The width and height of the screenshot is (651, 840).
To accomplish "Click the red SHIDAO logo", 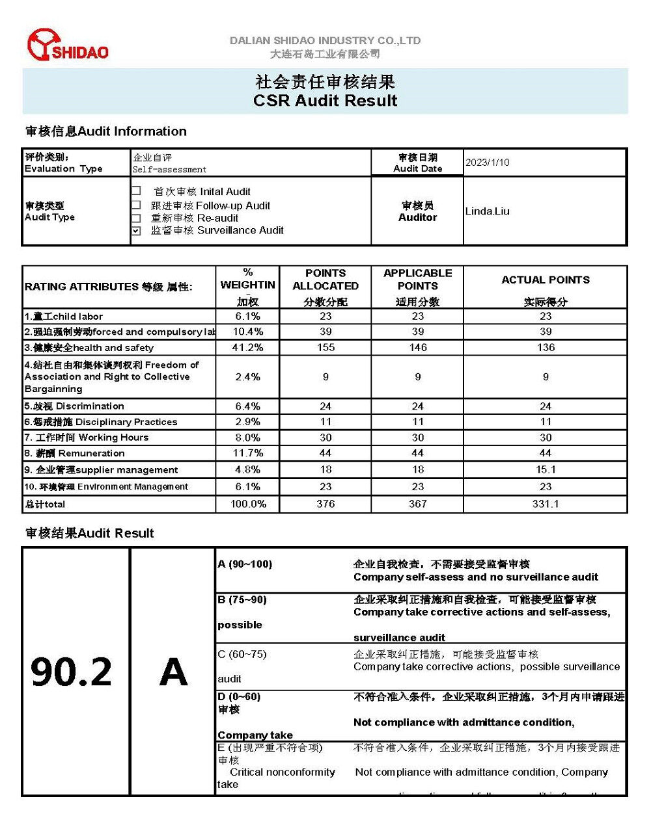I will (x=67, y=46).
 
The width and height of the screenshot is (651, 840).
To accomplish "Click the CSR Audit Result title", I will (x=325, y=101).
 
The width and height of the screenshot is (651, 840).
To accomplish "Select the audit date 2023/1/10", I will (x=488, y=163).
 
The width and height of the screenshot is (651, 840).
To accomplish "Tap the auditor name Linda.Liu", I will (x=488, y=211).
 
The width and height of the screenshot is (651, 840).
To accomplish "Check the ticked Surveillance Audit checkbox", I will (x=136, y=231).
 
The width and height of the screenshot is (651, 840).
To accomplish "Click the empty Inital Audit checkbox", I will (x=136, y=191).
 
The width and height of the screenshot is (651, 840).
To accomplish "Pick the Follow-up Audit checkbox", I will (x=136, y=205).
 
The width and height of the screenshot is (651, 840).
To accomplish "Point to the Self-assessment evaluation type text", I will (x=169, y=170).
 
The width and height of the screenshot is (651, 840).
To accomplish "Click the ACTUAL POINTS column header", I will (x=546, y=280).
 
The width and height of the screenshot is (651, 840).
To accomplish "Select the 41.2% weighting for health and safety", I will (x=248, y=348).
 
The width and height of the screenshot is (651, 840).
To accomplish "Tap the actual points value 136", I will (x=546, y=348).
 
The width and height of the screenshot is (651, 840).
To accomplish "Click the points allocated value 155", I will (x=325, y=348).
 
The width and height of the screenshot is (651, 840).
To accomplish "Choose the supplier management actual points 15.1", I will (x=546, y=469).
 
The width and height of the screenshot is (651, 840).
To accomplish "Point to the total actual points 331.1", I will (x=546, y=504).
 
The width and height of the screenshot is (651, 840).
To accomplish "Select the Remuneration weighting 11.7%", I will (x=248, y=453).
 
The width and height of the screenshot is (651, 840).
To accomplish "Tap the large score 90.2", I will (x=72, y=672).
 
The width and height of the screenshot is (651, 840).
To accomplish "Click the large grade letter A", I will (x=173, y=672).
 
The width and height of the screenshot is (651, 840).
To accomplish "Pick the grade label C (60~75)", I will (x=242, y=654).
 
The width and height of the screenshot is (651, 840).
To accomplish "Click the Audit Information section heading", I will (x=106, y=131).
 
